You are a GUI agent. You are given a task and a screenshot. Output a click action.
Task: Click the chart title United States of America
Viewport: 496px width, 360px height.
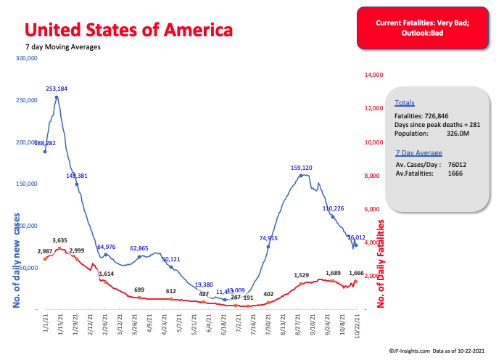click(129, 30)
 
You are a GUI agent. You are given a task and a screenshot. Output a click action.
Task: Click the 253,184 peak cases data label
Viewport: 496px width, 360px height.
click(57, 89)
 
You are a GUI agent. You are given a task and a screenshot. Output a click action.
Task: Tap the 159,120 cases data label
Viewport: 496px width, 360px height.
click(301, 168)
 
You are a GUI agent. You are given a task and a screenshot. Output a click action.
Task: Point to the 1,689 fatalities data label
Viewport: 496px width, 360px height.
click(330, 274)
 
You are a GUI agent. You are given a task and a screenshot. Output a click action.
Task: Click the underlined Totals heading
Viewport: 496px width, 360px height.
click(405, 104)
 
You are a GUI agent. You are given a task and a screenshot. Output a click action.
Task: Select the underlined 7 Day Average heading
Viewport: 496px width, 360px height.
click(418, 153)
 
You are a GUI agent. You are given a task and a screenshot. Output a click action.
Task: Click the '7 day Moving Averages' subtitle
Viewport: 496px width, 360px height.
click(62, 47)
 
